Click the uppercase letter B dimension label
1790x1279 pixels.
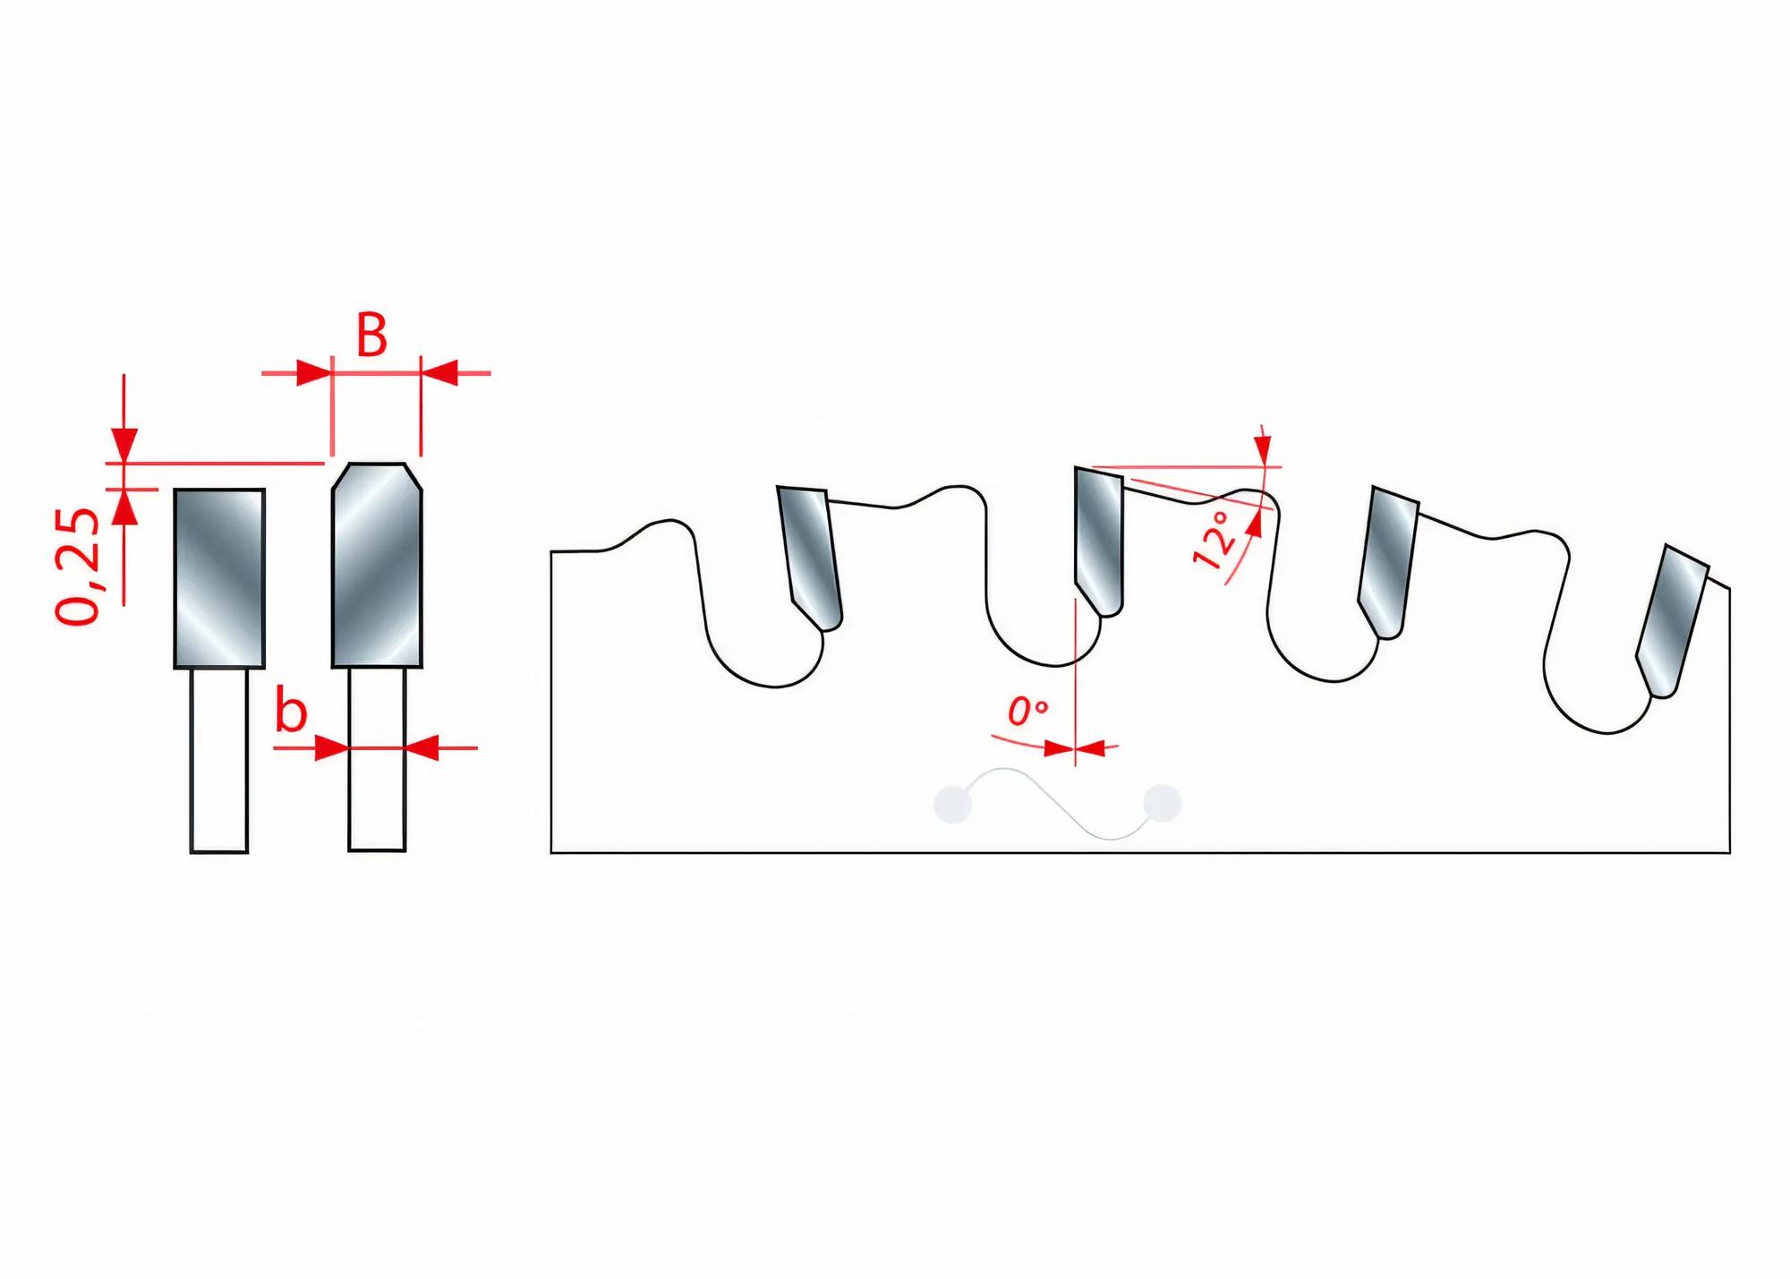pyautogui.click(x=372, y=336)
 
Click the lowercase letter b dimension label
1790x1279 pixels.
pyautogui.click(x=291, y=712)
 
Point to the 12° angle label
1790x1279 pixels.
pyautogui.click(x=1215, y=541)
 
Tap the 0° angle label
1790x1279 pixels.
pyautogui.click(x=1027, y=712)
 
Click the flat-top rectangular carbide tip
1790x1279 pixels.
pyautogui.click(x=219, y=577)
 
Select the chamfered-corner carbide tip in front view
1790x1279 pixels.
pyautogui.click(x=377, y=565)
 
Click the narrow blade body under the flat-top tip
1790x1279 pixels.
pyautogui.click(x=219, y=760)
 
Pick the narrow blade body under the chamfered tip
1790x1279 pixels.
pyautogui.click(x=377, y=760)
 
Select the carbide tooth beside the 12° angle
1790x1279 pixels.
pyautogui.click(x=1098, y=541)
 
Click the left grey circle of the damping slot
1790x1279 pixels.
pyautogui.click(x=952, y=803)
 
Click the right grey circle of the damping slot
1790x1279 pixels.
pyautogui.click(x=1163, y=802)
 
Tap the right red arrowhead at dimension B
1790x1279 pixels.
pyautogui.click(x=439, y=372)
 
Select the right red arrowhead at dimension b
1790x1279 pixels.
pyautogui.click(x=422, y=747)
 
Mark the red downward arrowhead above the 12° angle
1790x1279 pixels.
pyautogui.click(x=1262, y=449)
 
